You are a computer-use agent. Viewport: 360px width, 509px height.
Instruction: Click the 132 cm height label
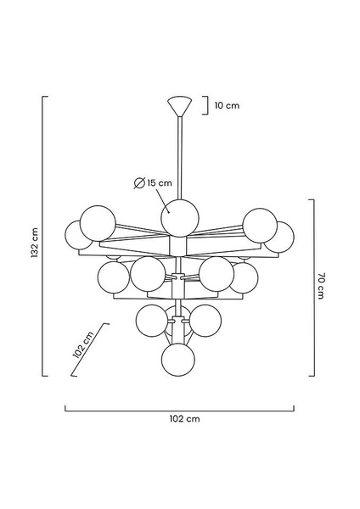click(x=35, y=243)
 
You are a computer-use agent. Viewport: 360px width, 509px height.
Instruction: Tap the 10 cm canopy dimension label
click(x=227, y=105)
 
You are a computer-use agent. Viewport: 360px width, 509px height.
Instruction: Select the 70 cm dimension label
click(x=321, y=286)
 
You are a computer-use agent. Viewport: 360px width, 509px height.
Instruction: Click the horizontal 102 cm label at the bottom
click(x=184, y=419)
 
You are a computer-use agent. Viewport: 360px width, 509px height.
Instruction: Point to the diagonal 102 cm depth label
click(x=83, y=344)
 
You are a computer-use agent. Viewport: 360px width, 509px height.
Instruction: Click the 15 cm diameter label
click(x=160, y=182)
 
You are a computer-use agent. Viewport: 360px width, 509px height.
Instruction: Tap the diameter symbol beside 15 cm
click(x=139, y=183)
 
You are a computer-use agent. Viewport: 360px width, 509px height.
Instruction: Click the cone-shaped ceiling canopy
click(x=180, y=106)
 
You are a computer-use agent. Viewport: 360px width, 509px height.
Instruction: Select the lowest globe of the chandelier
click(x=178, y=360)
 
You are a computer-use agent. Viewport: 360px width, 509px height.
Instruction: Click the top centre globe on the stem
click(x=180, y=218)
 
